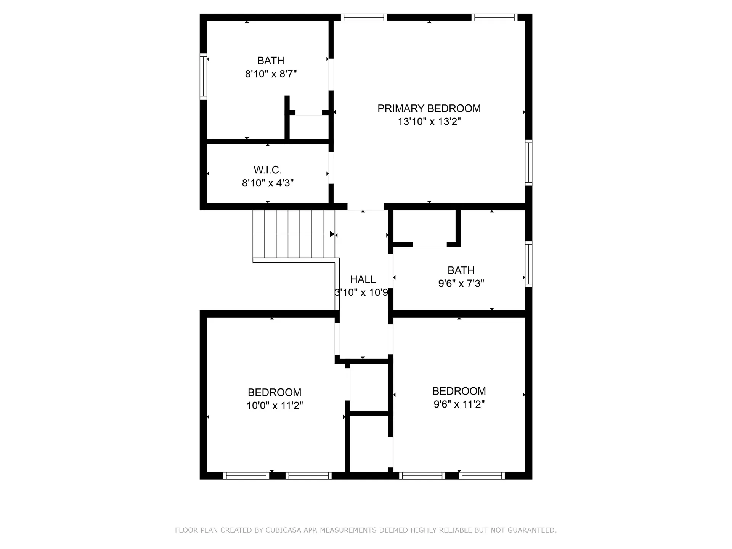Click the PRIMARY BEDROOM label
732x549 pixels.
(x=429, y=109)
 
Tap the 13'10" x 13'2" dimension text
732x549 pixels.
(x=429, y=122)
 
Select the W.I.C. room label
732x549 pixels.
(x=268, y=170)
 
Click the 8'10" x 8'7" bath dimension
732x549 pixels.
(x=271, y=74)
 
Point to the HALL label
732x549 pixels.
(x=363, y=279)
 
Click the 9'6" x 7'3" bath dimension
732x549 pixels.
(x=461, y=284)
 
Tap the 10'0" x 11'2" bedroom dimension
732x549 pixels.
(x=274, y=406)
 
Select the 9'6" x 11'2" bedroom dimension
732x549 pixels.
(x=459, y=404)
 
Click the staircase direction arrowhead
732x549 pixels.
(x=332, y=234)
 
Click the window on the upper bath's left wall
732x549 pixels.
(x=204, y=76)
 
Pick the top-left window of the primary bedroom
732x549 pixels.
(x=364, y=18)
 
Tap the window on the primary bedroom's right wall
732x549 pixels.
(x=528, y=162)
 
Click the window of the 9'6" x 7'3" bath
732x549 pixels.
(x=528, y=264)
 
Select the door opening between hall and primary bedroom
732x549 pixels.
(x=365, y=207)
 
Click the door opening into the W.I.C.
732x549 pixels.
(x=331, y=168)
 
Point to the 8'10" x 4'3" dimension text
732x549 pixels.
(x=268, y=183)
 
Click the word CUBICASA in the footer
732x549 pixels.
(x=283, y=530)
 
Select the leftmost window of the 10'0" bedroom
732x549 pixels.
(x=246, y=475)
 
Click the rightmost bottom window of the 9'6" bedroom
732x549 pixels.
(x=482, y=475)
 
